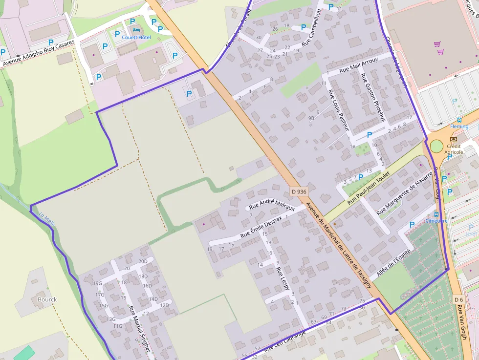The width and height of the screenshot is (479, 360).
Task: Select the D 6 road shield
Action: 458,299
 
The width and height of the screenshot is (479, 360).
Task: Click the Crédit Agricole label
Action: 454,149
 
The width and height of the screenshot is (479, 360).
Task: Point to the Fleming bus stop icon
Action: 459,120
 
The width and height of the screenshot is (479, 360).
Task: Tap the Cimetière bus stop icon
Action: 436,214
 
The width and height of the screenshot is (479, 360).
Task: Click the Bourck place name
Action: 47,299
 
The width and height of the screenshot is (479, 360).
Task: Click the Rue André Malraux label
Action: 272,204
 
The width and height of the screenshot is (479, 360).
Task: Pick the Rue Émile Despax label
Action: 260,227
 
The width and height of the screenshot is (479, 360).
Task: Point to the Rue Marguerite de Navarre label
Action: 405,192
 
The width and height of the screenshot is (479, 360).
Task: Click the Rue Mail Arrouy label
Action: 358,64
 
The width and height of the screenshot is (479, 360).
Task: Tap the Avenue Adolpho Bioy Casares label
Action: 39,54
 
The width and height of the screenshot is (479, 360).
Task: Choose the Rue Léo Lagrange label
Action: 285,341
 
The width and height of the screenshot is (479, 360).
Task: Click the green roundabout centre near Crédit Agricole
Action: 436,146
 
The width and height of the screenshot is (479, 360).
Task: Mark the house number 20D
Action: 143,261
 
